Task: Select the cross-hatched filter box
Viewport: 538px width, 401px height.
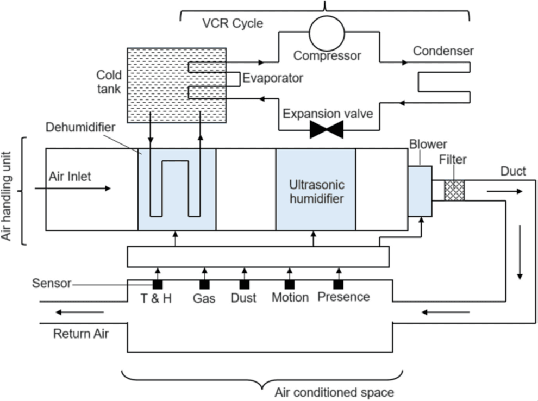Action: (454, 190)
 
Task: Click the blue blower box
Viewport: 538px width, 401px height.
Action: (420, 191)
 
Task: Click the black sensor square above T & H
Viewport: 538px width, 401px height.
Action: (158, 284)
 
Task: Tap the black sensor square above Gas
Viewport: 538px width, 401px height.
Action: (204, 284)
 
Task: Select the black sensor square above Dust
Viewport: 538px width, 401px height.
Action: (244, 284)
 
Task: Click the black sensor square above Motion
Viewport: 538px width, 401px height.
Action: (290, 284)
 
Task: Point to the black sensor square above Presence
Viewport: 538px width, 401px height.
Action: (339, 284)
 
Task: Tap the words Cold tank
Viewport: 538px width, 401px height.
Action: (109, 82)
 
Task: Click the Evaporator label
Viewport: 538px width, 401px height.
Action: (272, 78)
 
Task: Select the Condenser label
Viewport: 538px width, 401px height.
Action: (443, 51)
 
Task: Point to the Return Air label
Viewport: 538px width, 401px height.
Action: (80, 334)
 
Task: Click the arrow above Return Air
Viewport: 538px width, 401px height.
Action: (79, 312)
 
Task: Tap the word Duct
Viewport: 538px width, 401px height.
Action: (513, 172)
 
